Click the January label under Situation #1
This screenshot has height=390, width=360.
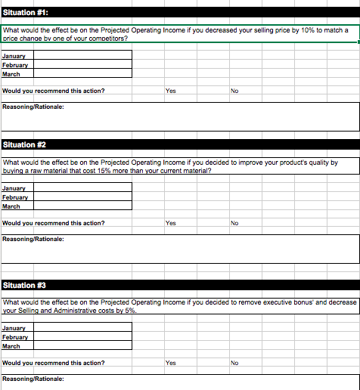click(x=14, y=57)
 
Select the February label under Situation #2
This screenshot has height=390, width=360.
click(x=15, y=197)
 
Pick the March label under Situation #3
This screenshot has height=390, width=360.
click(x=11, y=346)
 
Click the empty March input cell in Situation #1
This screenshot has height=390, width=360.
click(x=82, y=74)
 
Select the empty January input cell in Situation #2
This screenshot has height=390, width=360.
click(x=82, y=188)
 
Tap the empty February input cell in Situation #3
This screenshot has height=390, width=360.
click(x=82, y=337)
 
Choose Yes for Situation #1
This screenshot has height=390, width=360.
click(x=170, y=91)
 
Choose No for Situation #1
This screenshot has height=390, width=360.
click(x=234, y=91)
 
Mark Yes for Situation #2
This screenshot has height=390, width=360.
click(x=170, y=223)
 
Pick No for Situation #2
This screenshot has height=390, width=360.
click(x=234, y=223)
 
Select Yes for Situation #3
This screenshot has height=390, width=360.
click(x=170, y=363)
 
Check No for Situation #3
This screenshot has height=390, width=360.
click(x=234, y=363)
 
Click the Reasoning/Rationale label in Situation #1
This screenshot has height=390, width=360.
click(x=33, y=107)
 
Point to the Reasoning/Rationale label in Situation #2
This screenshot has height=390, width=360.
click(x=33, y=239)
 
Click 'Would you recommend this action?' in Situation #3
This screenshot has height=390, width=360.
click(x=54, y=363)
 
